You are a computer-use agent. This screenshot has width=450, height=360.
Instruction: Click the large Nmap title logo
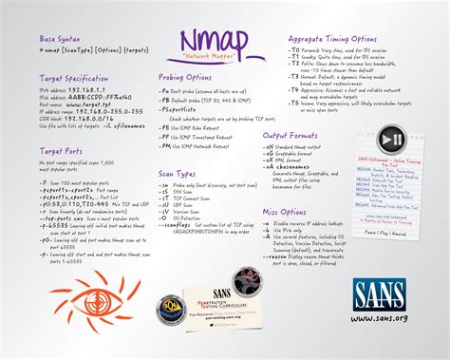[216, 43]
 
